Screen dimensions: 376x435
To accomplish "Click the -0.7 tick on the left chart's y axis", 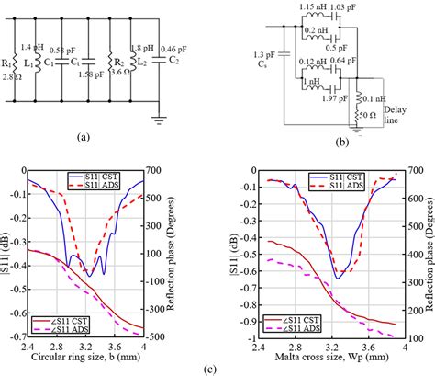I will (x=14, y=337).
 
